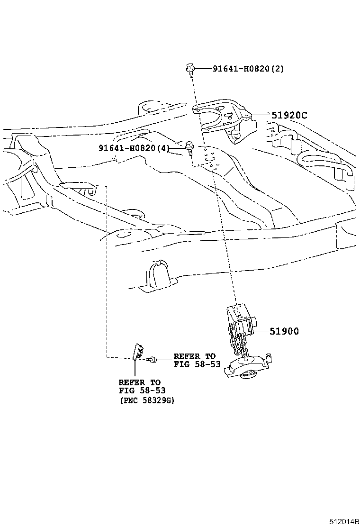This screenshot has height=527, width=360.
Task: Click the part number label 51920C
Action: tap(289, 115)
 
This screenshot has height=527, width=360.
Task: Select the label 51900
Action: tap(284, 331)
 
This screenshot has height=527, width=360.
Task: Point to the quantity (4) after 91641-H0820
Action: tap(163, 148)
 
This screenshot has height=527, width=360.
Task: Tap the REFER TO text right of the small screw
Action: tap(194, 356)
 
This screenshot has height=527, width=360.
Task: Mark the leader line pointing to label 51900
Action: tap(261, 331)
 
